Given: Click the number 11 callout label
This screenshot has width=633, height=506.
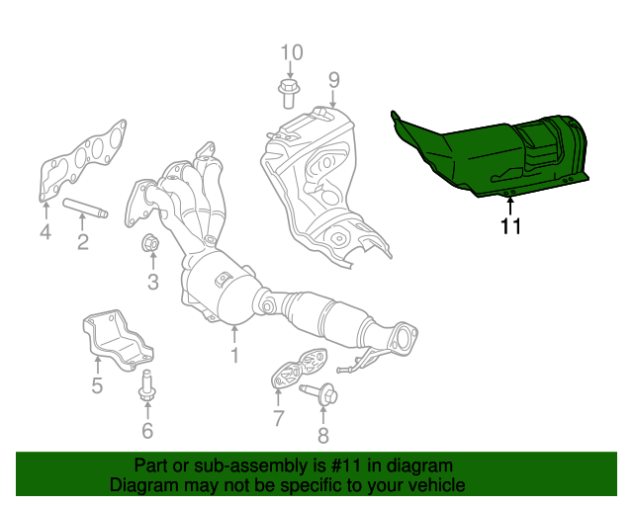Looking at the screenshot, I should point(510,226).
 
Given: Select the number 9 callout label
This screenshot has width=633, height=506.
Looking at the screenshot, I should point(333,78).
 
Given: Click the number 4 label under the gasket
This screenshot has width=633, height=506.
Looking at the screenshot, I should point(45,232).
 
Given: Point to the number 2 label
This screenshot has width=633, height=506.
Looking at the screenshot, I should point(83,241).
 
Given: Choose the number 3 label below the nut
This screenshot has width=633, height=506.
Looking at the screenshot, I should point(152,284).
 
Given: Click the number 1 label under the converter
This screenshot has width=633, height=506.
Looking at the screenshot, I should point(234,354).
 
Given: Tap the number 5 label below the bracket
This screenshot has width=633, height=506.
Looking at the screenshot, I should point(97,385).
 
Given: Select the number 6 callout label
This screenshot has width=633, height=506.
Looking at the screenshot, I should point(147,430).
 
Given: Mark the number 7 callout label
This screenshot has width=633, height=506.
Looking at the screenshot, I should point(278,419).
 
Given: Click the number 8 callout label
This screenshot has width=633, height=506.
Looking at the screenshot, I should point(322,436).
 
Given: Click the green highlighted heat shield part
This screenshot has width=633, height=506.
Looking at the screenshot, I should point(495,153).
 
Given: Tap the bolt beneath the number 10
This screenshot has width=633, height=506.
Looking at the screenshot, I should point(290,94).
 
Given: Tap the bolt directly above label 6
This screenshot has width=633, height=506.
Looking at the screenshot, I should point(147,385).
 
